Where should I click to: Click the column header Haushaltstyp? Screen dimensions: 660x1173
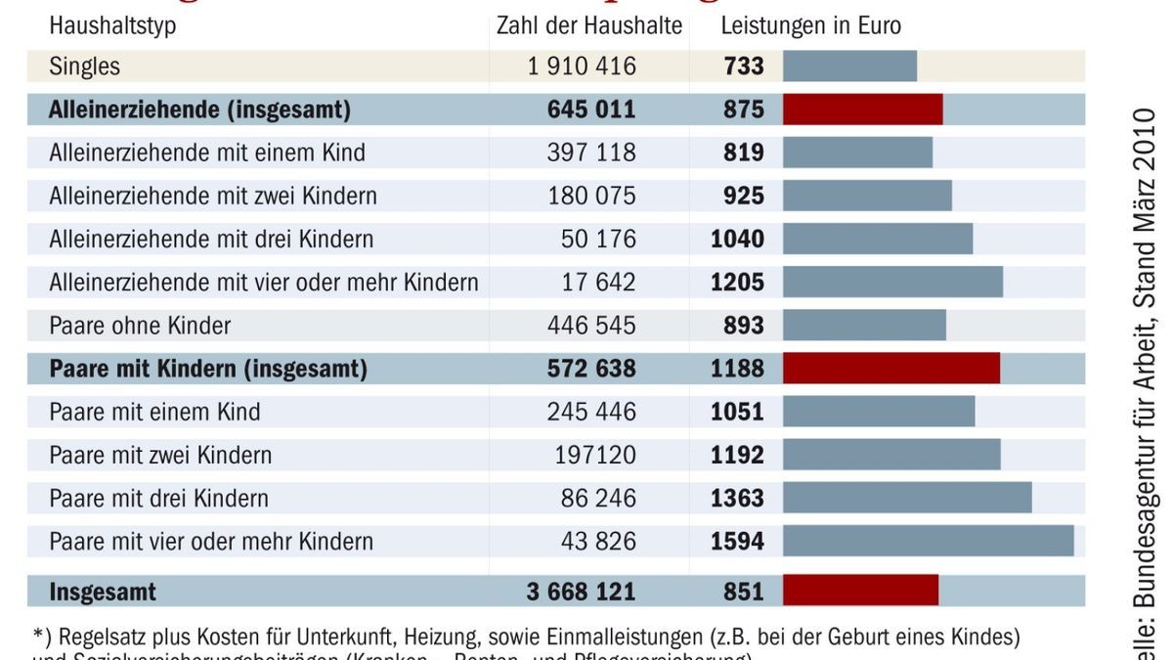[112, 26]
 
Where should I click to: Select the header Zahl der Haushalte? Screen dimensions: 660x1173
[589, 26]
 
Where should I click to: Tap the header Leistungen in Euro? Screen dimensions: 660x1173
[811, 26]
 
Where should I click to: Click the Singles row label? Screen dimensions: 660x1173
[85, 66]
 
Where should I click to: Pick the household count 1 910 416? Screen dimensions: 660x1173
[582, 66]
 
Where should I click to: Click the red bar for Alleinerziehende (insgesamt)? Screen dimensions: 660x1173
[862, 110]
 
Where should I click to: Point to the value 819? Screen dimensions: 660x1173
[744, 153]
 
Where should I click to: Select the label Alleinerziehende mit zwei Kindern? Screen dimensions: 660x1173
[213, 196]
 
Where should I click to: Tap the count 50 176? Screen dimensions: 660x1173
[598, 239]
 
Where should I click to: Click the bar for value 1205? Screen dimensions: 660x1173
[892, 282]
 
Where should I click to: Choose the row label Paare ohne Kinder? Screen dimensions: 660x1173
[140, 325]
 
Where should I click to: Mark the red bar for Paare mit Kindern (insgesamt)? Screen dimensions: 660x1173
[891, 369]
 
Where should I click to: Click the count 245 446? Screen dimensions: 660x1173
[591, 412]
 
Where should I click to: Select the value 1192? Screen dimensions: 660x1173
[738, 455]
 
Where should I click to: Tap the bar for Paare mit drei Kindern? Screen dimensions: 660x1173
[907, 498]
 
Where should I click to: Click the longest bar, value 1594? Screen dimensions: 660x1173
[928, 541]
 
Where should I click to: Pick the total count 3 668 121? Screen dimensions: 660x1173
[581, 592]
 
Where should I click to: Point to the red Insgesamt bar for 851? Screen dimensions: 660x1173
[860, 591]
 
